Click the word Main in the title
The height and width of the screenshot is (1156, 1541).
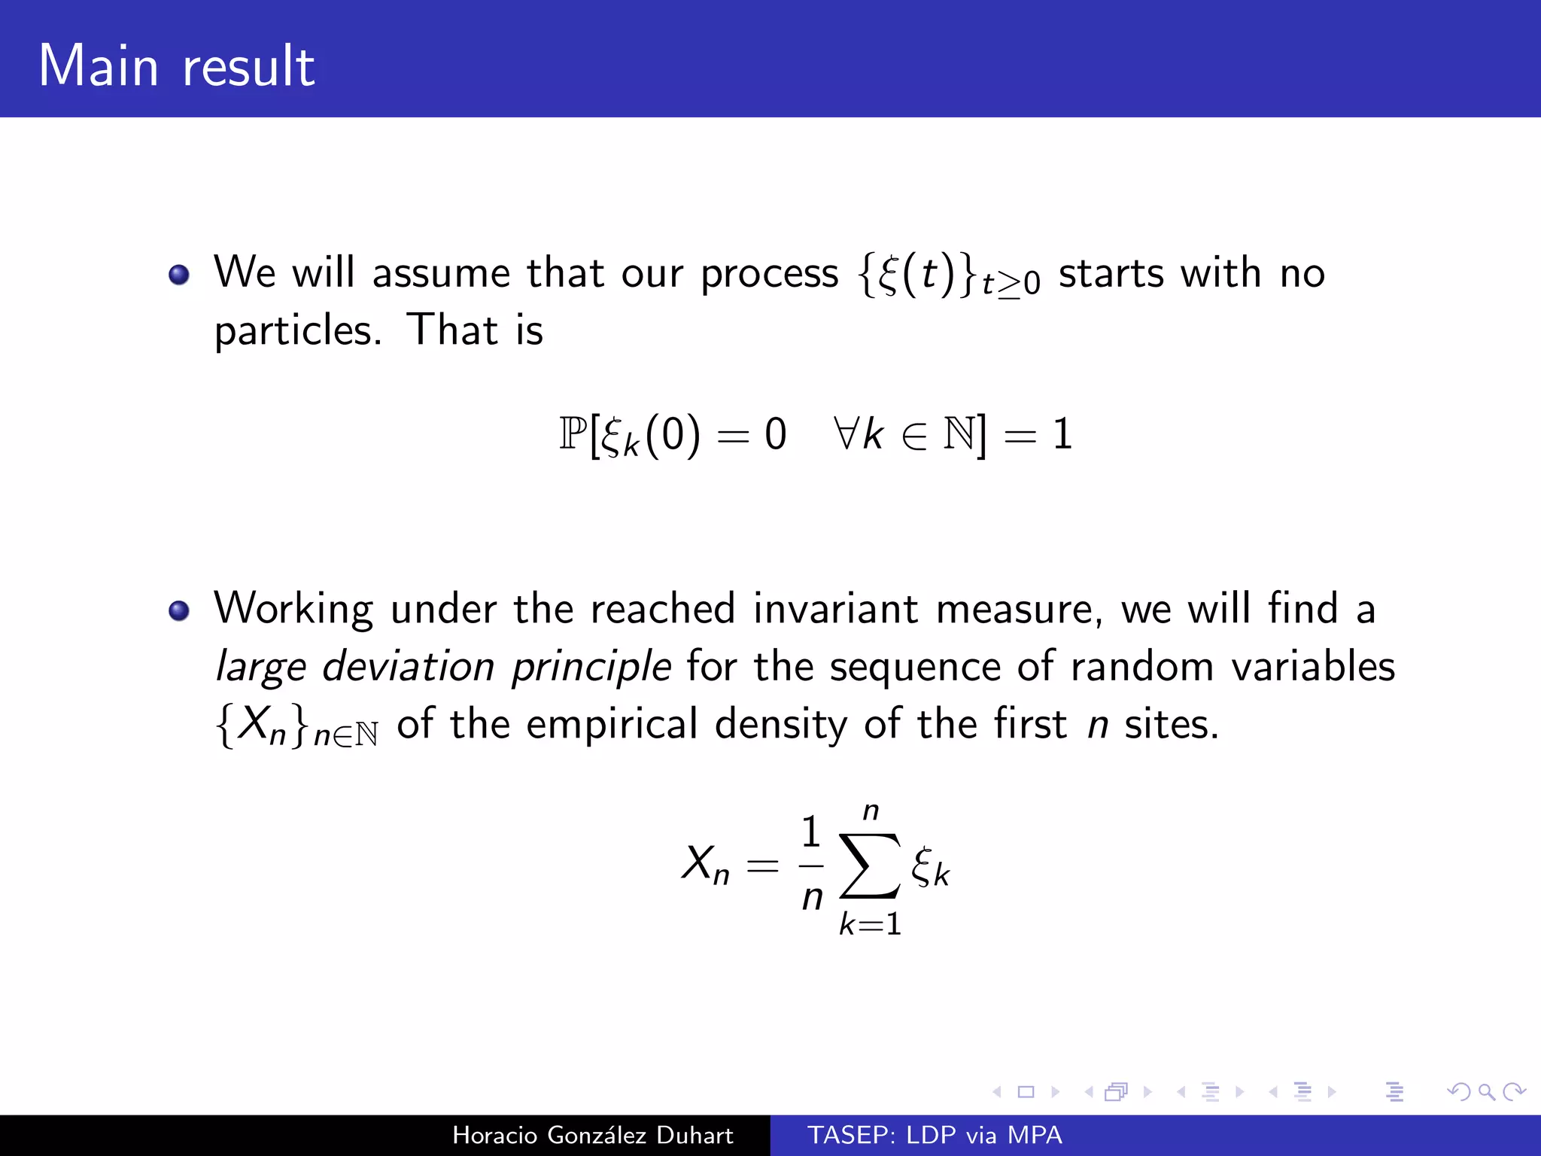click(x=99, y=66)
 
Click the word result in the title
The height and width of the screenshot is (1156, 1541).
click(x=248, y=66)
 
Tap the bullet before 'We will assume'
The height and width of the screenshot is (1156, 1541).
click(x=179, y=275)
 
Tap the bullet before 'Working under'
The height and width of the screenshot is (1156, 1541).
click(x=179, y=610)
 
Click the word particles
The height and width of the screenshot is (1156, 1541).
click(x=298, y=331)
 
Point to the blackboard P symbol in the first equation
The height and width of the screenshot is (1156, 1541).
click(x=572, y=433)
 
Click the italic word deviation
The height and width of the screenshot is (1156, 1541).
click(x=408, y=667)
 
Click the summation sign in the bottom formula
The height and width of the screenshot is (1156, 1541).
click(x=869, y=865)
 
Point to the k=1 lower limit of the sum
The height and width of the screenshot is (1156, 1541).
click(x=870, y=924)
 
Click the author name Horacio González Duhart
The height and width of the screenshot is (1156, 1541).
click(x=592, y=1135)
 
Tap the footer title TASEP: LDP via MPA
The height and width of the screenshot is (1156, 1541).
click(x=935, y=1135)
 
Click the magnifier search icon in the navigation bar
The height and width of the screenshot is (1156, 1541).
click(x=1486, y=1091)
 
